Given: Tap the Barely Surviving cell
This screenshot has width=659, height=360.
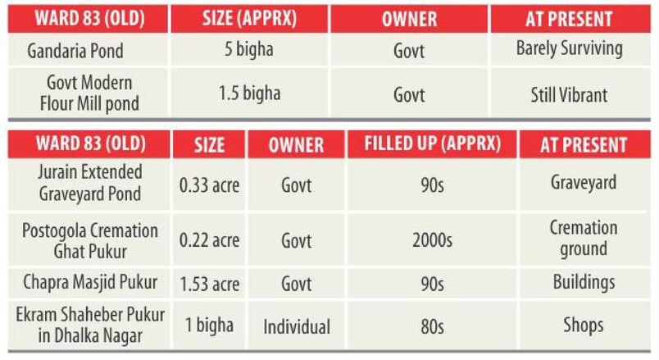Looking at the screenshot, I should pyautogui.click(x=569, y=49).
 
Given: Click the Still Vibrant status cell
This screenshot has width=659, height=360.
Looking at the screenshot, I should pyautogui.click(x=569, y=94).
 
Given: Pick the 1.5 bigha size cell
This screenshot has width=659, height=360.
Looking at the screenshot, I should pyautogui.click(x=248, y=93).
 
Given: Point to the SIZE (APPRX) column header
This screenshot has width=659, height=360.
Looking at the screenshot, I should pyautogui.click(x=248, y=16).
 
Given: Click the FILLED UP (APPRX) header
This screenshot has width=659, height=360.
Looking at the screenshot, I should pyautogui.click(x=431, y=145).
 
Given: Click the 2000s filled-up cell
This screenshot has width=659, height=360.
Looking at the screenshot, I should pyautogui.click(x=431, y=237).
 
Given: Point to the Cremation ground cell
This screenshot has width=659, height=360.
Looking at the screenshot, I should pyautogui.click(x=583, y=238).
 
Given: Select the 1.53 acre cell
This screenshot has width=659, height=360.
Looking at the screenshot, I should pyautogui.click(x=209, y=284).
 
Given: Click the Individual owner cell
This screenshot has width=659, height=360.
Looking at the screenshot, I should pyautogui.click(x=296, y=326).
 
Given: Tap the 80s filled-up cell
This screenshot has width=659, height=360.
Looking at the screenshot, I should pyautogui.click(x=431, y=326).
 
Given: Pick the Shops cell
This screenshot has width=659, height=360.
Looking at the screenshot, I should pyautogui.click(x=583, y=325).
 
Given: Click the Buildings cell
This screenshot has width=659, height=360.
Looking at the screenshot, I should pyautogui.click(x=583, y=283).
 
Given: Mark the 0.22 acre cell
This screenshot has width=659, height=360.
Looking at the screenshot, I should pyautogui.click(x=209, y=237).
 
